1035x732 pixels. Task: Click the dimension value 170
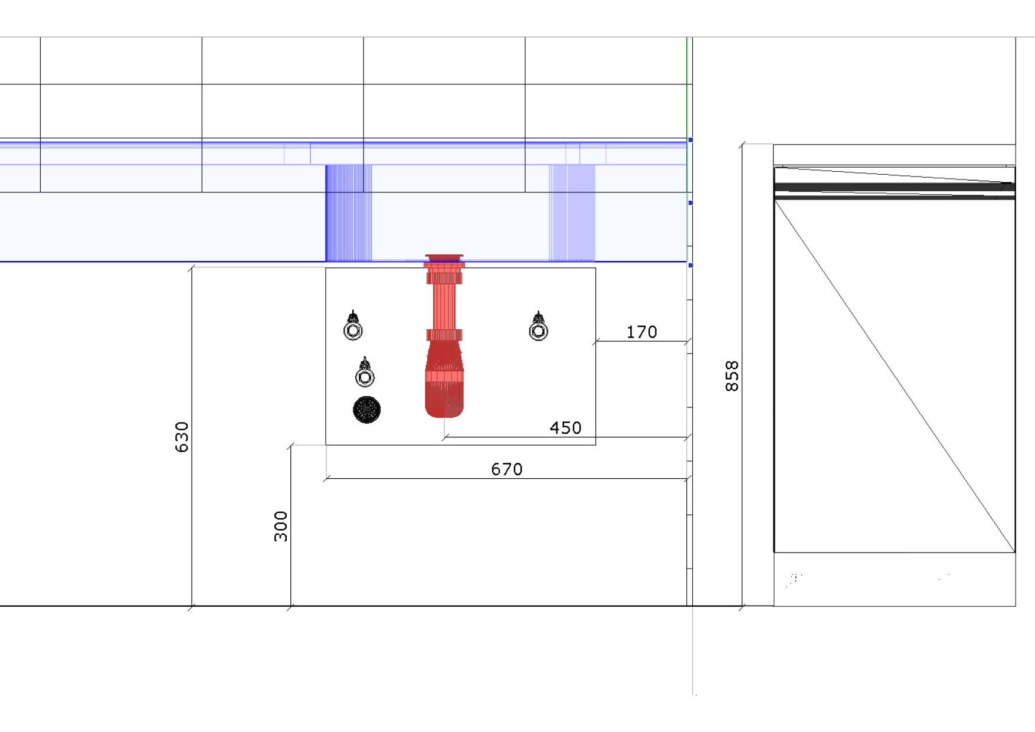click(641, 332)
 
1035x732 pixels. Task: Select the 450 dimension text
click(565, 428)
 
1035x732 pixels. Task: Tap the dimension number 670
click(507, 469)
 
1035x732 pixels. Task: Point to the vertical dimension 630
click(182, 437)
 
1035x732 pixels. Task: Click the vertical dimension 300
click(281, 526)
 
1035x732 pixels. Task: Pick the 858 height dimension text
click(732, 376)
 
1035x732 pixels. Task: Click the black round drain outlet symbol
click(366, 410)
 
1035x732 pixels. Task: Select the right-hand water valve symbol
click(538, 327)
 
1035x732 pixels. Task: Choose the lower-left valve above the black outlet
click(365, 372)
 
